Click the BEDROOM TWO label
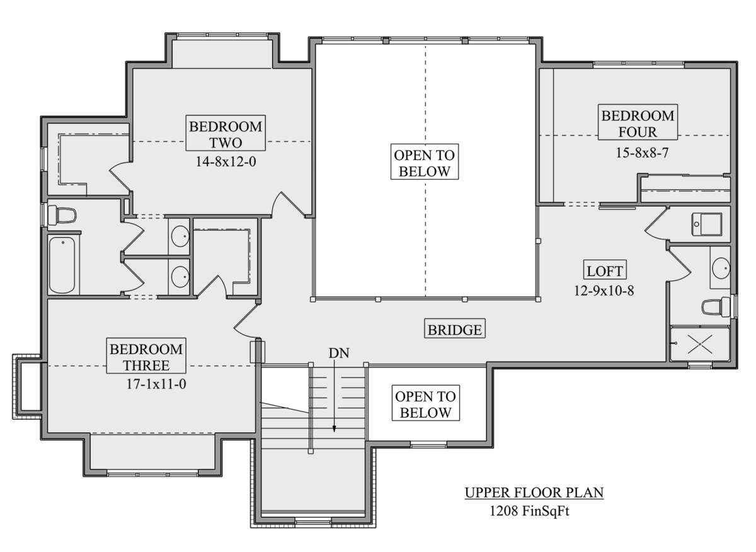coord(226,135)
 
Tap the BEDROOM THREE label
coord(146,357)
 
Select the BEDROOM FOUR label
coord(638,124)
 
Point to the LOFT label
coord(605,271)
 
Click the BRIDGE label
coord(455,330)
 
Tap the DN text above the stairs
coord(339,353)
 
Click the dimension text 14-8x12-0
coord(226,162)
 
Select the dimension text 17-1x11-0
coord(156,384)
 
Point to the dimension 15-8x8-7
coord(642,153)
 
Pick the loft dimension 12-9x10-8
coord(604,290)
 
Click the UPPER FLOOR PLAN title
coord(534,493)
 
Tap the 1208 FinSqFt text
coord(529,511)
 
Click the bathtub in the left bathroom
coord(62,265)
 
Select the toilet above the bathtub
coord(62,215)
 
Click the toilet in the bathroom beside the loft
coord(716,307)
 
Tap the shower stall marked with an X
coord(700,343)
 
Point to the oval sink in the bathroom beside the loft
coord(721,268)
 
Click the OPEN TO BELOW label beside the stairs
coord(426,405)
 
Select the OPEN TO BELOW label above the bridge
coord(425,163)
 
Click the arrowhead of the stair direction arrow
coord(334,429)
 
